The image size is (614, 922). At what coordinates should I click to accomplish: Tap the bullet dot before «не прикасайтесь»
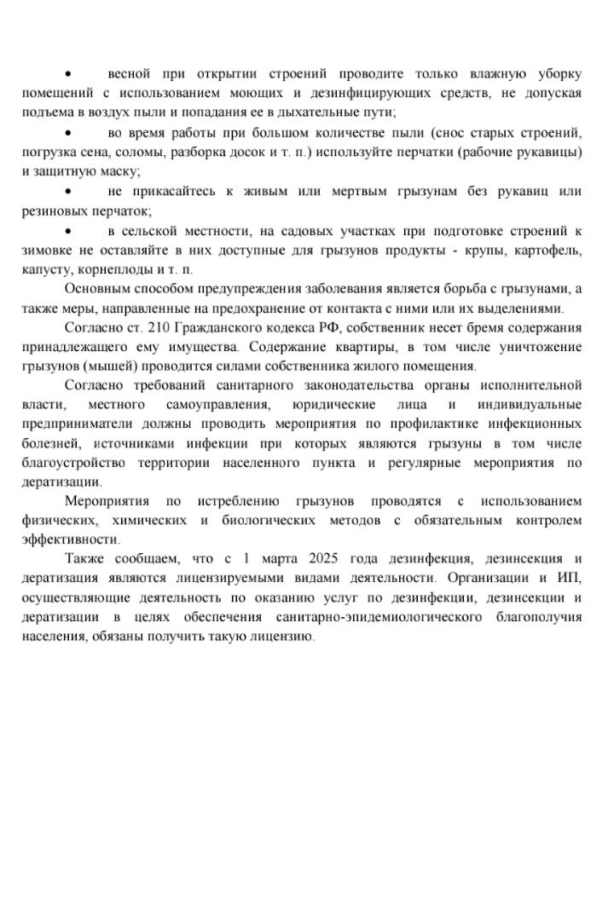pos(69,191)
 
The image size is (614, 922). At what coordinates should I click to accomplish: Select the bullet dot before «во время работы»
pos(69,133)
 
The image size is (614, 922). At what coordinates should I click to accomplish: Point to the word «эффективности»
pos(71,540)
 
